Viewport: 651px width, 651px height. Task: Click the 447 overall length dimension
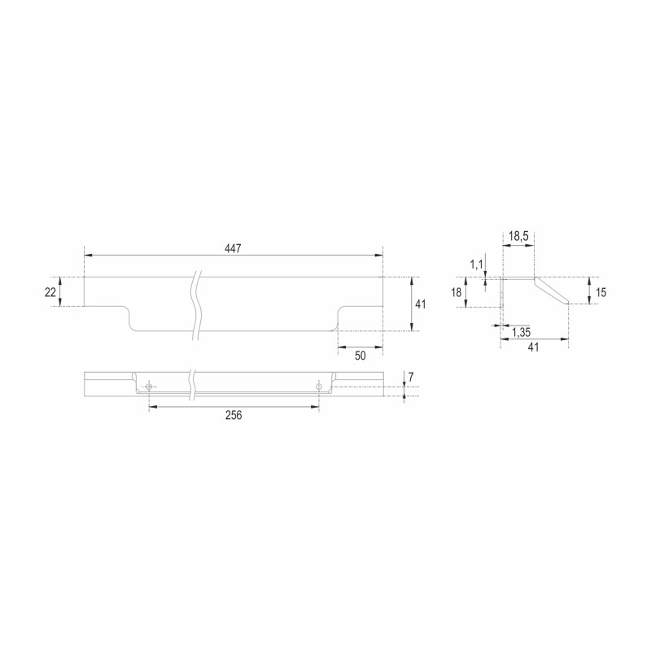233,249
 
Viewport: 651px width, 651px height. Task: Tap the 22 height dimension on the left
50,292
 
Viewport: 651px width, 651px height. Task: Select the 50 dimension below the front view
360,356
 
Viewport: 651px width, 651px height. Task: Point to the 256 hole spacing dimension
234,415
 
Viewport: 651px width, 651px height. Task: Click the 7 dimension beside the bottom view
411,378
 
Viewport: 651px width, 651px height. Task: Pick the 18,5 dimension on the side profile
518,237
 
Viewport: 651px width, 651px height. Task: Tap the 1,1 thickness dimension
477,264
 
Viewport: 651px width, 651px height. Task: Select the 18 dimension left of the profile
457,293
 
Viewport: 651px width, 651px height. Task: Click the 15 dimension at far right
601,293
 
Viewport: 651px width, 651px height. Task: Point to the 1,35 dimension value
521,332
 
